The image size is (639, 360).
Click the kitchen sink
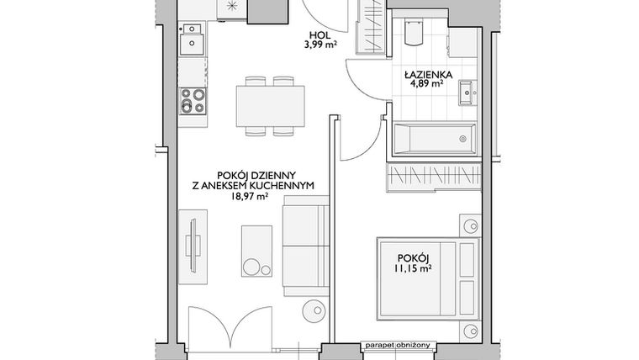pyautogui.click(x=193, y=41)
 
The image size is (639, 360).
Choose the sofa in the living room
pyautogui.click(x=304, y=244)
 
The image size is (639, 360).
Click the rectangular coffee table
pyautogui.click(x=257, y=251)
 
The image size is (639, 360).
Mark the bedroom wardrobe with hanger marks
pyautogui.click(x=432, y=176)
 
